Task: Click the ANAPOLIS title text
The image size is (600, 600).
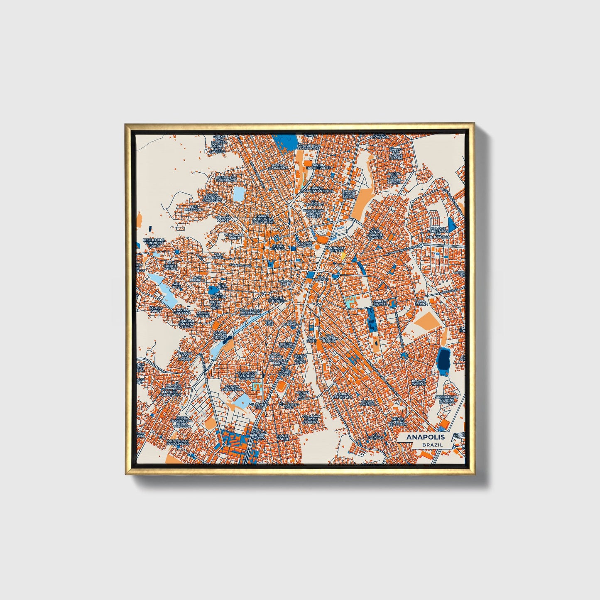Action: [x=425, y=437]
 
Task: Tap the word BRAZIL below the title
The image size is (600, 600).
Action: [x=432, y=445]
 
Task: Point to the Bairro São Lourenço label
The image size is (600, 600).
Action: [x=226, y=179]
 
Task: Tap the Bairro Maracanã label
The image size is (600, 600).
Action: [x=279, y=167]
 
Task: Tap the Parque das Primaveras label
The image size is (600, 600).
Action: [x=178, y=442]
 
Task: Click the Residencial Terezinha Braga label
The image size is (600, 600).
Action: [x=154, y=242]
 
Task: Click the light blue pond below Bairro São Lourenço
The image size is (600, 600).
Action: [x=239, y=193]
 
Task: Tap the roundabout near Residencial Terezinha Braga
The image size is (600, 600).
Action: [x=177, y=252]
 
